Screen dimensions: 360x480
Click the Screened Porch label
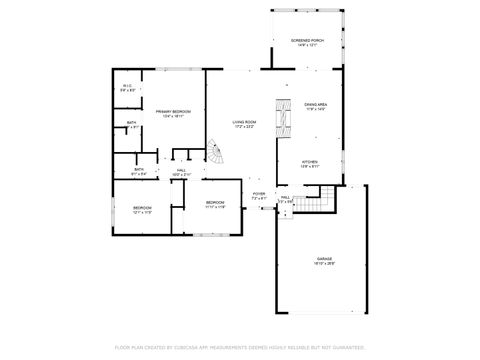point(308,41)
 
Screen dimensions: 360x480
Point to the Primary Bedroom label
point(173,111)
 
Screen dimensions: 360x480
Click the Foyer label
point(259,194)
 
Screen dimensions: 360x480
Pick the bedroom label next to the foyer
point(216,203)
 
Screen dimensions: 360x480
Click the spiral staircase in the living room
point(216,155)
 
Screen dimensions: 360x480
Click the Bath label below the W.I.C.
point(132,123)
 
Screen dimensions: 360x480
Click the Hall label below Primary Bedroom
point(182,170)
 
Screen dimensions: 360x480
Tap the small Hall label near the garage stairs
point(285,198)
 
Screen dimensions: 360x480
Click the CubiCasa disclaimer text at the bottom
point(240,347)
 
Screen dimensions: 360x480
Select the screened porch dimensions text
point(308,46)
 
